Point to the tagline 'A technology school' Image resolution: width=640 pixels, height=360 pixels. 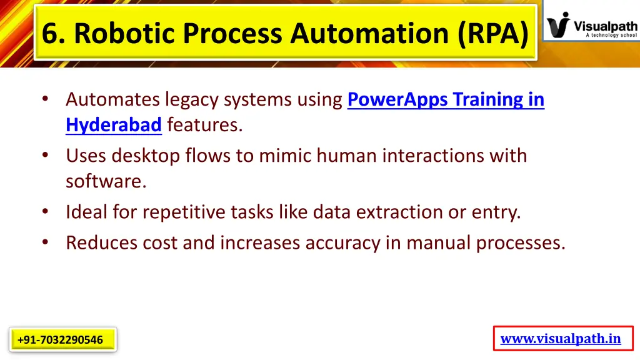point(611,36)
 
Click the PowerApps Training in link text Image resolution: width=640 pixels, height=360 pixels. point(446,100)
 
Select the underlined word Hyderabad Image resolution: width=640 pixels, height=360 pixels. point(114,126)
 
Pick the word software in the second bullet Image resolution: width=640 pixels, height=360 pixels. point(105,182)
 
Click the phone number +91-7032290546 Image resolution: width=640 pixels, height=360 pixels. point(61,340)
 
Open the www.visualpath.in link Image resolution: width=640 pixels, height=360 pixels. point(561,339)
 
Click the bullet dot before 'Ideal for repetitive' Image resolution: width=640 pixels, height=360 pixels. point(46,212)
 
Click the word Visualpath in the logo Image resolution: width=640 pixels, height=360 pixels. point(605,26)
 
